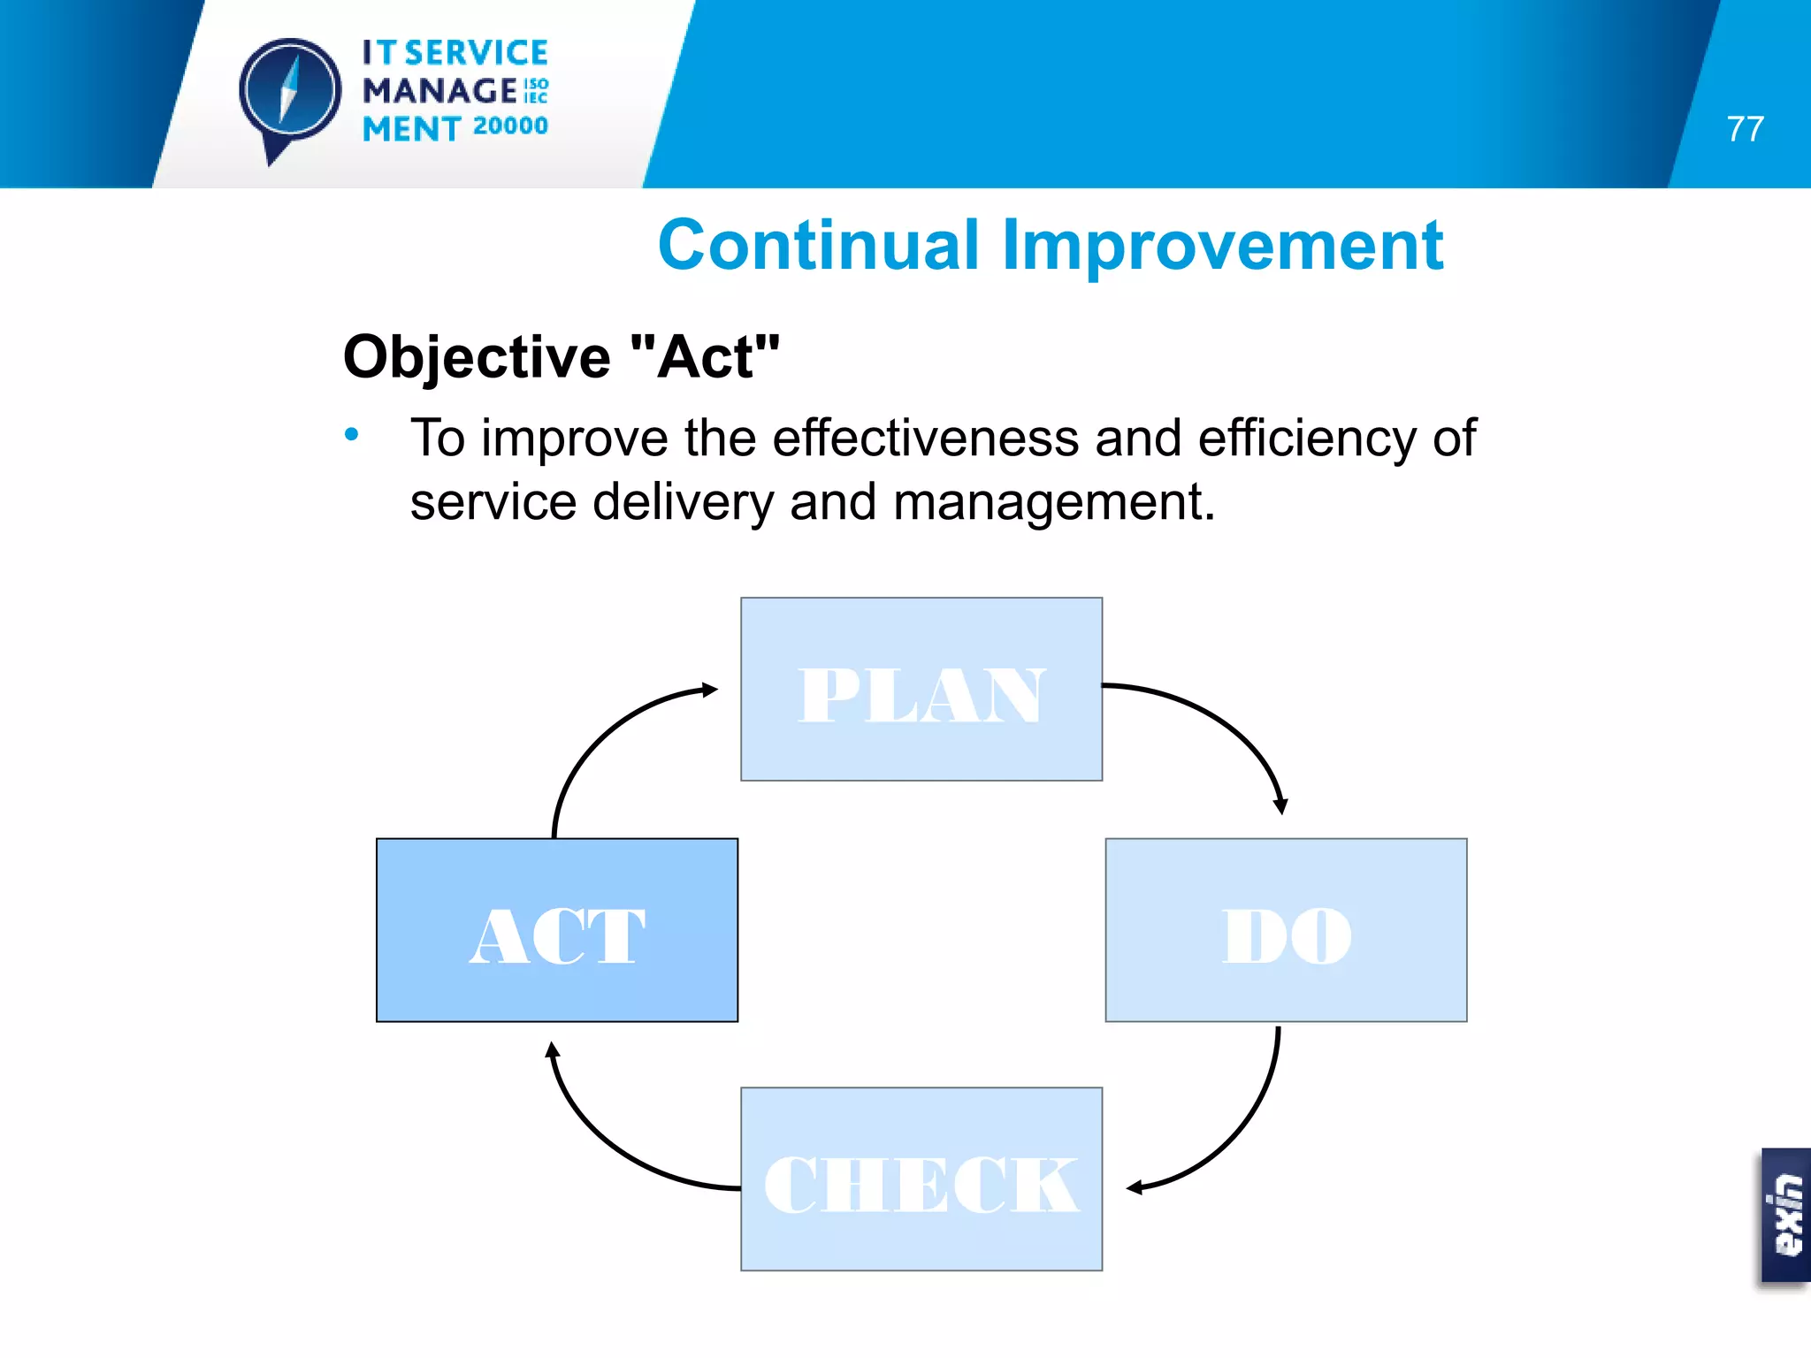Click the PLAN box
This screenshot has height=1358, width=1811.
921,690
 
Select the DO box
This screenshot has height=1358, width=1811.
1286,930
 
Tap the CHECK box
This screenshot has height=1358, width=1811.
921,1179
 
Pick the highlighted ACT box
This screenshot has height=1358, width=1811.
557,930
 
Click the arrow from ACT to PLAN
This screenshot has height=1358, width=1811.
601,734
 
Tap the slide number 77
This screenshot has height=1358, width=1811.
1745,129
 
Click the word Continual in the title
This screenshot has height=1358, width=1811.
819,246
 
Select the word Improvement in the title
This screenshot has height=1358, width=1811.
1223,246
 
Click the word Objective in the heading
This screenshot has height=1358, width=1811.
477,357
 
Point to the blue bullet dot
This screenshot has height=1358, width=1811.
352,434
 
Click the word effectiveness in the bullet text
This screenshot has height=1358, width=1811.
925,438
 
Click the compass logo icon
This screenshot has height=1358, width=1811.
289,92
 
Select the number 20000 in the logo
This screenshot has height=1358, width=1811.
510,126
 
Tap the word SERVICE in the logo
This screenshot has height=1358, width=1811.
477,53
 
